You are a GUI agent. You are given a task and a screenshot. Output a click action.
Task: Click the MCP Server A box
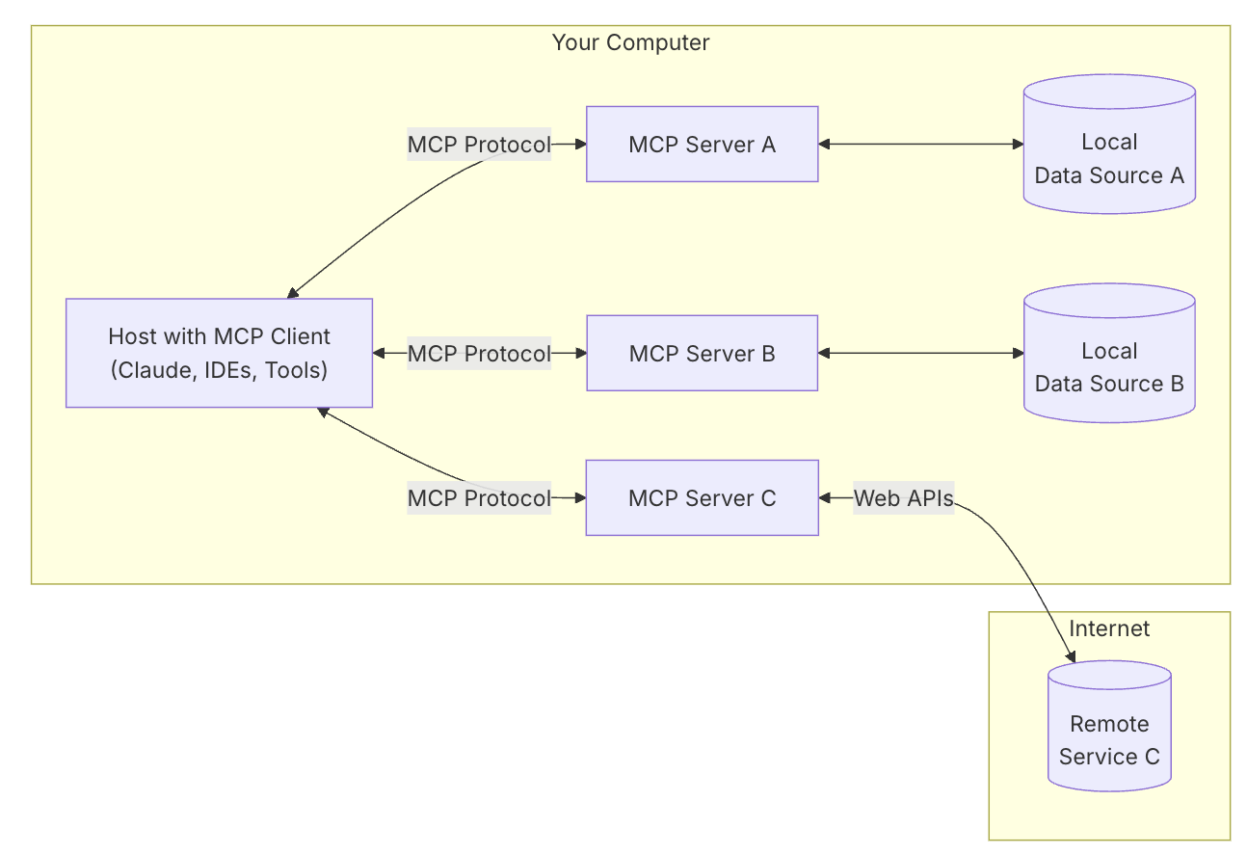(x=702, y=145)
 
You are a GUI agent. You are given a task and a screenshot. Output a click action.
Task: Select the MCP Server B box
(x=702, y=353)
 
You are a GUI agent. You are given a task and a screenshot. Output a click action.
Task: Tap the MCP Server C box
(x=702, y=497)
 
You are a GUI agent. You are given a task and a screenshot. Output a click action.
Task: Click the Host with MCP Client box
(x=219, y=353)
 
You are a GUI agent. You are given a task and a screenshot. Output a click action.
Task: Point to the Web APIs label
(x=903, y=498)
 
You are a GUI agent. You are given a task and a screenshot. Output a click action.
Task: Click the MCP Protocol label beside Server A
(x=479, y=145)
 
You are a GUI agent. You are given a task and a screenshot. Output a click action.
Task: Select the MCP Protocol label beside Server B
(x=479, y=354)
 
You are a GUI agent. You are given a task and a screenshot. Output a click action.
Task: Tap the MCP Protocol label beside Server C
(x=479, y=498)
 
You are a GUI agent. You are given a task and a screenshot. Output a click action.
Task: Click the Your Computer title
(x=630, y=42)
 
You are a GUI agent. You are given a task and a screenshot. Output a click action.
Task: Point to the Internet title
(x=1109, y=628)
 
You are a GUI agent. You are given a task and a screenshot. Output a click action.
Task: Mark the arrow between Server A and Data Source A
(x=920, y=145)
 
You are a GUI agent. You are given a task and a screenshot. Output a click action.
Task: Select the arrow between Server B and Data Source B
(x=920, y=353)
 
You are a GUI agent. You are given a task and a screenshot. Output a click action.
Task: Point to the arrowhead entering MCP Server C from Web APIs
(x=825, y=498)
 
